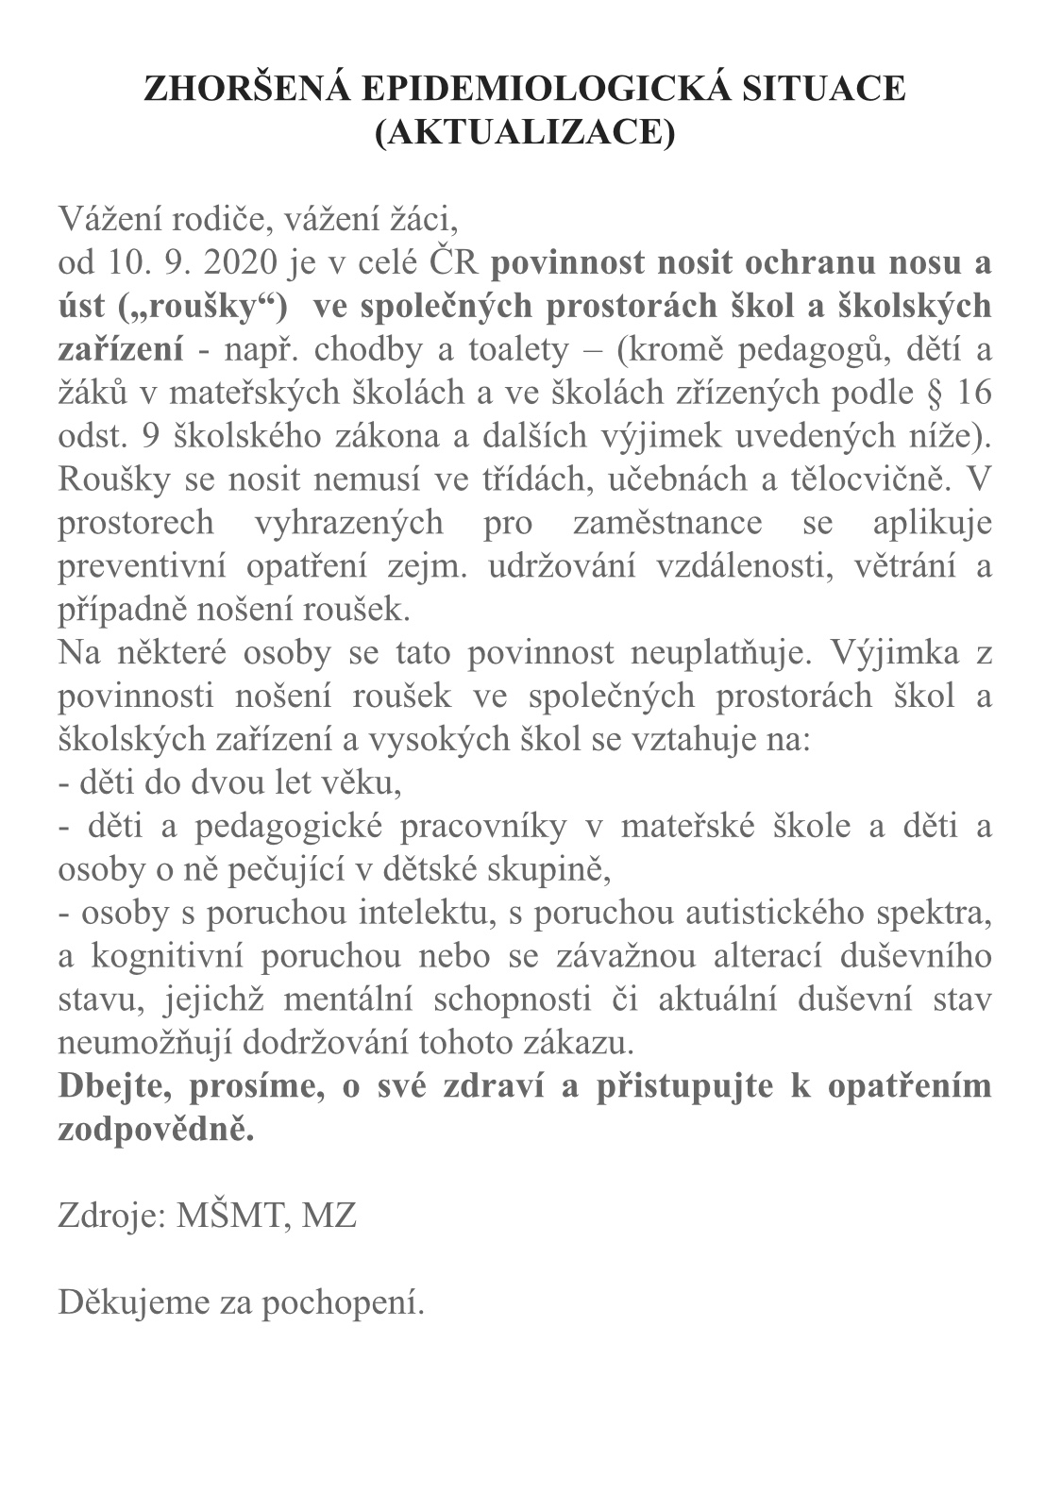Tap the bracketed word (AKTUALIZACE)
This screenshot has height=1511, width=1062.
click(525, 131)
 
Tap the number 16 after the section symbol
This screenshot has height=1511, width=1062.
click(972, 393)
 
